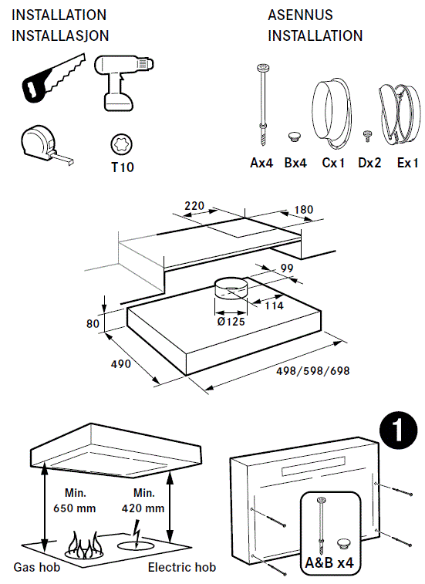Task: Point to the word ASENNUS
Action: coord(301,15)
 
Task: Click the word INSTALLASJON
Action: coord(60,36)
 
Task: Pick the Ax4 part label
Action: coord(262,164)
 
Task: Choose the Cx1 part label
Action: coord(333,164)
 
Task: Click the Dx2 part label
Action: coord(370,164)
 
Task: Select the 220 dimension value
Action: coord(196,206)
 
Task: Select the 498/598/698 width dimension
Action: coord(312,370)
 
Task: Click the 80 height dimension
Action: coord(93,324)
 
